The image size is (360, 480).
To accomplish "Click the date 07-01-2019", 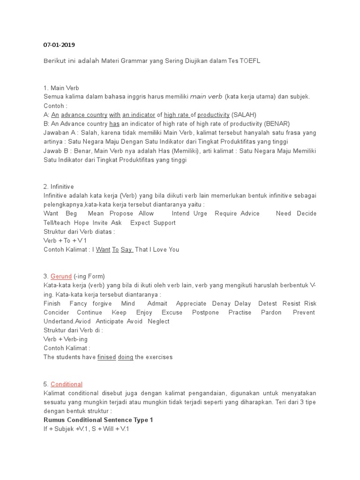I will pos(59,45).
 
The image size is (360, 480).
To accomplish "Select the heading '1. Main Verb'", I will pos(61,88).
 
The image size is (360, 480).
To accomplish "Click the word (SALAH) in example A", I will pos(244,115).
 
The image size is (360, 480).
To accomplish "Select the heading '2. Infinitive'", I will pos(59,187).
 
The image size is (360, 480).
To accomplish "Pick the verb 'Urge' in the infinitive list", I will pos(200,214).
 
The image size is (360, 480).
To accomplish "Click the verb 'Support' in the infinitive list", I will pos(165,223).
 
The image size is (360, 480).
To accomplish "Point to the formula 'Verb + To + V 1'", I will pos(65,240).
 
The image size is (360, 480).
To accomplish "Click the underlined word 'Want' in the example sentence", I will pos(103,250).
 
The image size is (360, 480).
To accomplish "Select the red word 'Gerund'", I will pos(61,277).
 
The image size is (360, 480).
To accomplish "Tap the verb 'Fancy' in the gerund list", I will pos(78,304).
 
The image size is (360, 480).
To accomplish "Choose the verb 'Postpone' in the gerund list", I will pos(205,313).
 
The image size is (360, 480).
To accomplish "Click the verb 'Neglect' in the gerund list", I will pos(158,322).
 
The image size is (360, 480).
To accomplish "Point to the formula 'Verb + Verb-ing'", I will pos(66,339).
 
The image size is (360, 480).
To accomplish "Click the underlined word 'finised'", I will pos(106,357).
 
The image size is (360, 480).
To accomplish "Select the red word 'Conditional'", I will pos(67,384).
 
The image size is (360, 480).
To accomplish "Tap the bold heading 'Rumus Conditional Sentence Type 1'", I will pos(98,420).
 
